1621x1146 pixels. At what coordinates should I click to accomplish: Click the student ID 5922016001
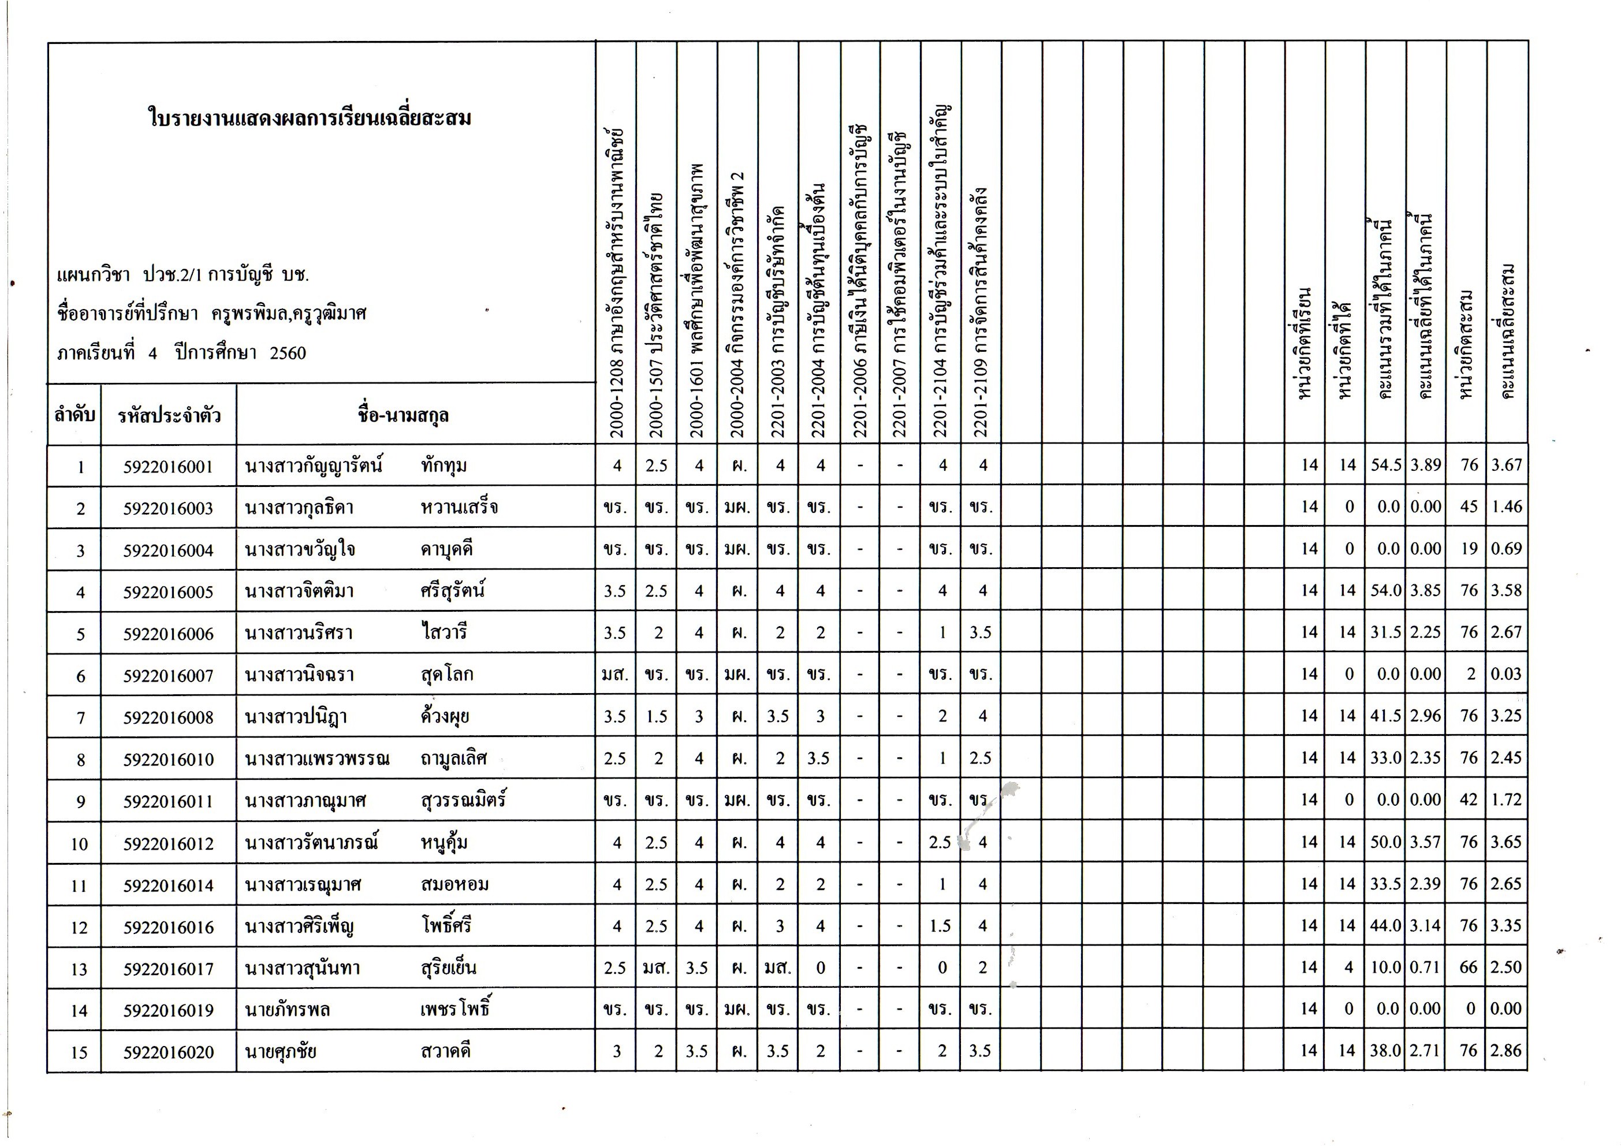coord(168,467)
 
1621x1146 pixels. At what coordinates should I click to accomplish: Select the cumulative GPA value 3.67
coord(1506,464)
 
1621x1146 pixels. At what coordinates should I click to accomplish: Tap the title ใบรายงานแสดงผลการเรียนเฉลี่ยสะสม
coord(310,118)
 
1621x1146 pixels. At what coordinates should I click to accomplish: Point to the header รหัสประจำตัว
coord(169,415)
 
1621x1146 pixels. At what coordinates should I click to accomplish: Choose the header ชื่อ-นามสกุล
coord(403,415)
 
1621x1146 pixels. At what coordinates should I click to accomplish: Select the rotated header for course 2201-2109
coord(981,311)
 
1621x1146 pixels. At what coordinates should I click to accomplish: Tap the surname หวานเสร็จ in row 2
coord(459,508)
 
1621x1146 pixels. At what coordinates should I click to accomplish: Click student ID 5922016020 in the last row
coord(168,1052)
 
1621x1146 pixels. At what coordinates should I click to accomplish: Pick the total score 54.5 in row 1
coord(1385,464)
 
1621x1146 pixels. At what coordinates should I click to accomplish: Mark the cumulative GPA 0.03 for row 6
coord(1506,674)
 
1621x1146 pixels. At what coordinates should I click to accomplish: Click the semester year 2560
coord(288,353)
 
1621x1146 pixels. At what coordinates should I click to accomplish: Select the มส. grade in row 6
coord(615,674)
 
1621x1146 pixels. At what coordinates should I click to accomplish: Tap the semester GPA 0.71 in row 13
coord(1425,968)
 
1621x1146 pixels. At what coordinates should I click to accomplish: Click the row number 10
coord(79,843)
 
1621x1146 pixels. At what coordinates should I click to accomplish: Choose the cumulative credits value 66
coord(1469,968)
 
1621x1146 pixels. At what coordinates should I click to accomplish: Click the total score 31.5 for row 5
coord(1385,632)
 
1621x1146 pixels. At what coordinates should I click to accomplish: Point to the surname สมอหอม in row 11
coord(454,884)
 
